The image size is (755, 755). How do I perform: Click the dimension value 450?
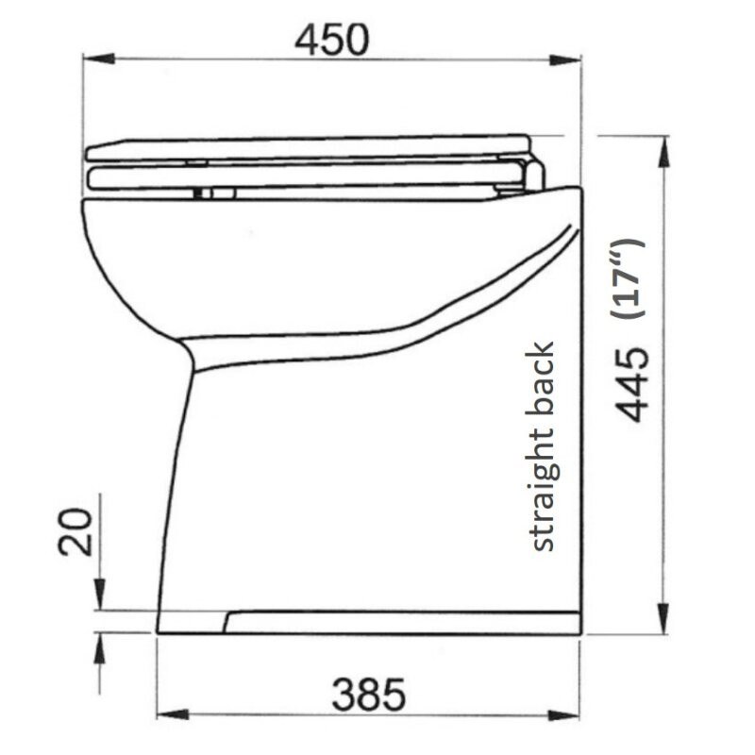(x=329, y=39)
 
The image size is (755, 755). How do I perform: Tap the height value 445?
(x=629, y=381)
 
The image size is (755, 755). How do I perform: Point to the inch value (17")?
(x=629, y=279)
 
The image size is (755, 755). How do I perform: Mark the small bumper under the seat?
(x=216, y=193)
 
